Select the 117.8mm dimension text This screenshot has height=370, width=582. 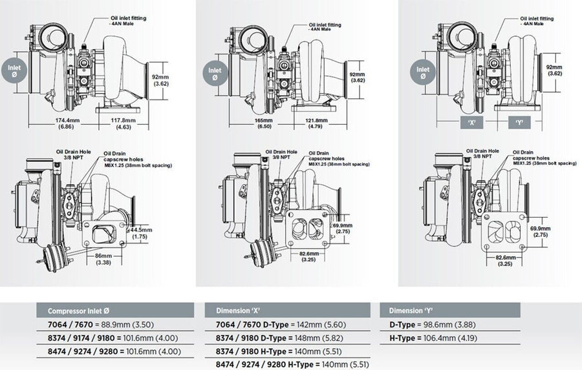(122, 120)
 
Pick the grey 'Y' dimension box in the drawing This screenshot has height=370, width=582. (519, 121)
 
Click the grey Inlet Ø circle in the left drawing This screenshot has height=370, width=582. (15, 71)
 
